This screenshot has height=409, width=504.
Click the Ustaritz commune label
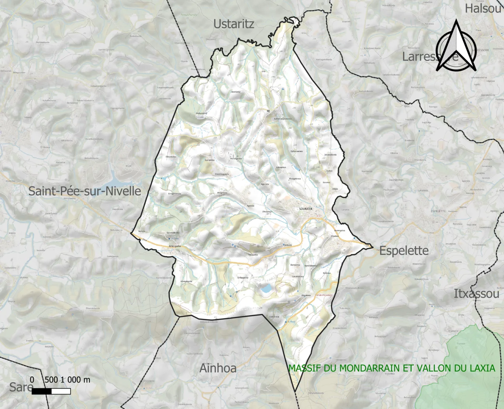click(x=233, y=24)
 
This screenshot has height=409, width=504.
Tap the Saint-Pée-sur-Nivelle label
click(x=85, y=191)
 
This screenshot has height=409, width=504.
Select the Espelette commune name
click(x=404, y=251)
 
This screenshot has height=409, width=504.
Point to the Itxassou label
click(x=476, y=294)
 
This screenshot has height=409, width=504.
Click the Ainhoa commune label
click(x=218, y=368)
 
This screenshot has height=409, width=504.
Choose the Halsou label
click(x=483, y=8)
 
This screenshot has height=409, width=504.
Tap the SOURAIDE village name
click(x=306, y=209)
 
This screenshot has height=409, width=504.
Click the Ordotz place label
click(x=288, y=245)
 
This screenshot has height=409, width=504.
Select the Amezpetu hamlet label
click(x=175, y=246)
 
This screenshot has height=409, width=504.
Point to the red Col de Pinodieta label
click(x=324, y=295)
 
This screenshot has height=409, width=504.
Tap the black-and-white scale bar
click(x=51, y=391)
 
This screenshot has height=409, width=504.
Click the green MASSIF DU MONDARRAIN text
click(x=392, y=368)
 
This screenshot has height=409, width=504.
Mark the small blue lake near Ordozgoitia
click(x=265, y=289)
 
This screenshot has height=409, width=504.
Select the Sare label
click(x=21, y=387)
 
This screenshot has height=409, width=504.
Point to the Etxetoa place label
click(x=335, y=236)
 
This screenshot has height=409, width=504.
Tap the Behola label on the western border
click(x=142, y=231)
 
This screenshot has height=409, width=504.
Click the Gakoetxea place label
click(x=298, y=276)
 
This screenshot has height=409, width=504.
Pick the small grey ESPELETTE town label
click(x=438, y=211)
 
